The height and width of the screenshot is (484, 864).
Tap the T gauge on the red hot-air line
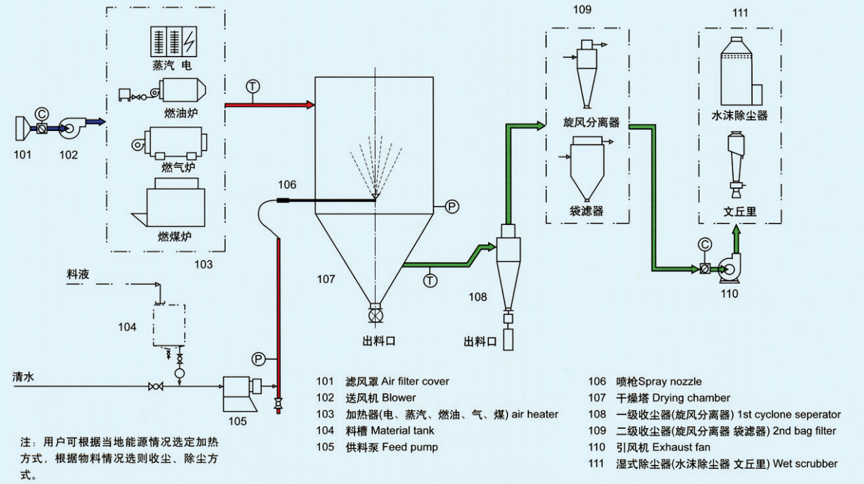coord(253,87)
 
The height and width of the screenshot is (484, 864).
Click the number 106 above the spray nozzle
coord(287,184)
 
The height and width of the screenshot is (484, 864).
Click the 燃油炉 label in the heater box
coord(182,111)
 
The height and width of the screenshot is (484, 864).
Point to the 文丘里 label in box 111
coord(740,211)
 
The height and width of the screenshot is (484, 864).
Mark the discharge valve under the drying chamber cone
coord(374,315)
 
